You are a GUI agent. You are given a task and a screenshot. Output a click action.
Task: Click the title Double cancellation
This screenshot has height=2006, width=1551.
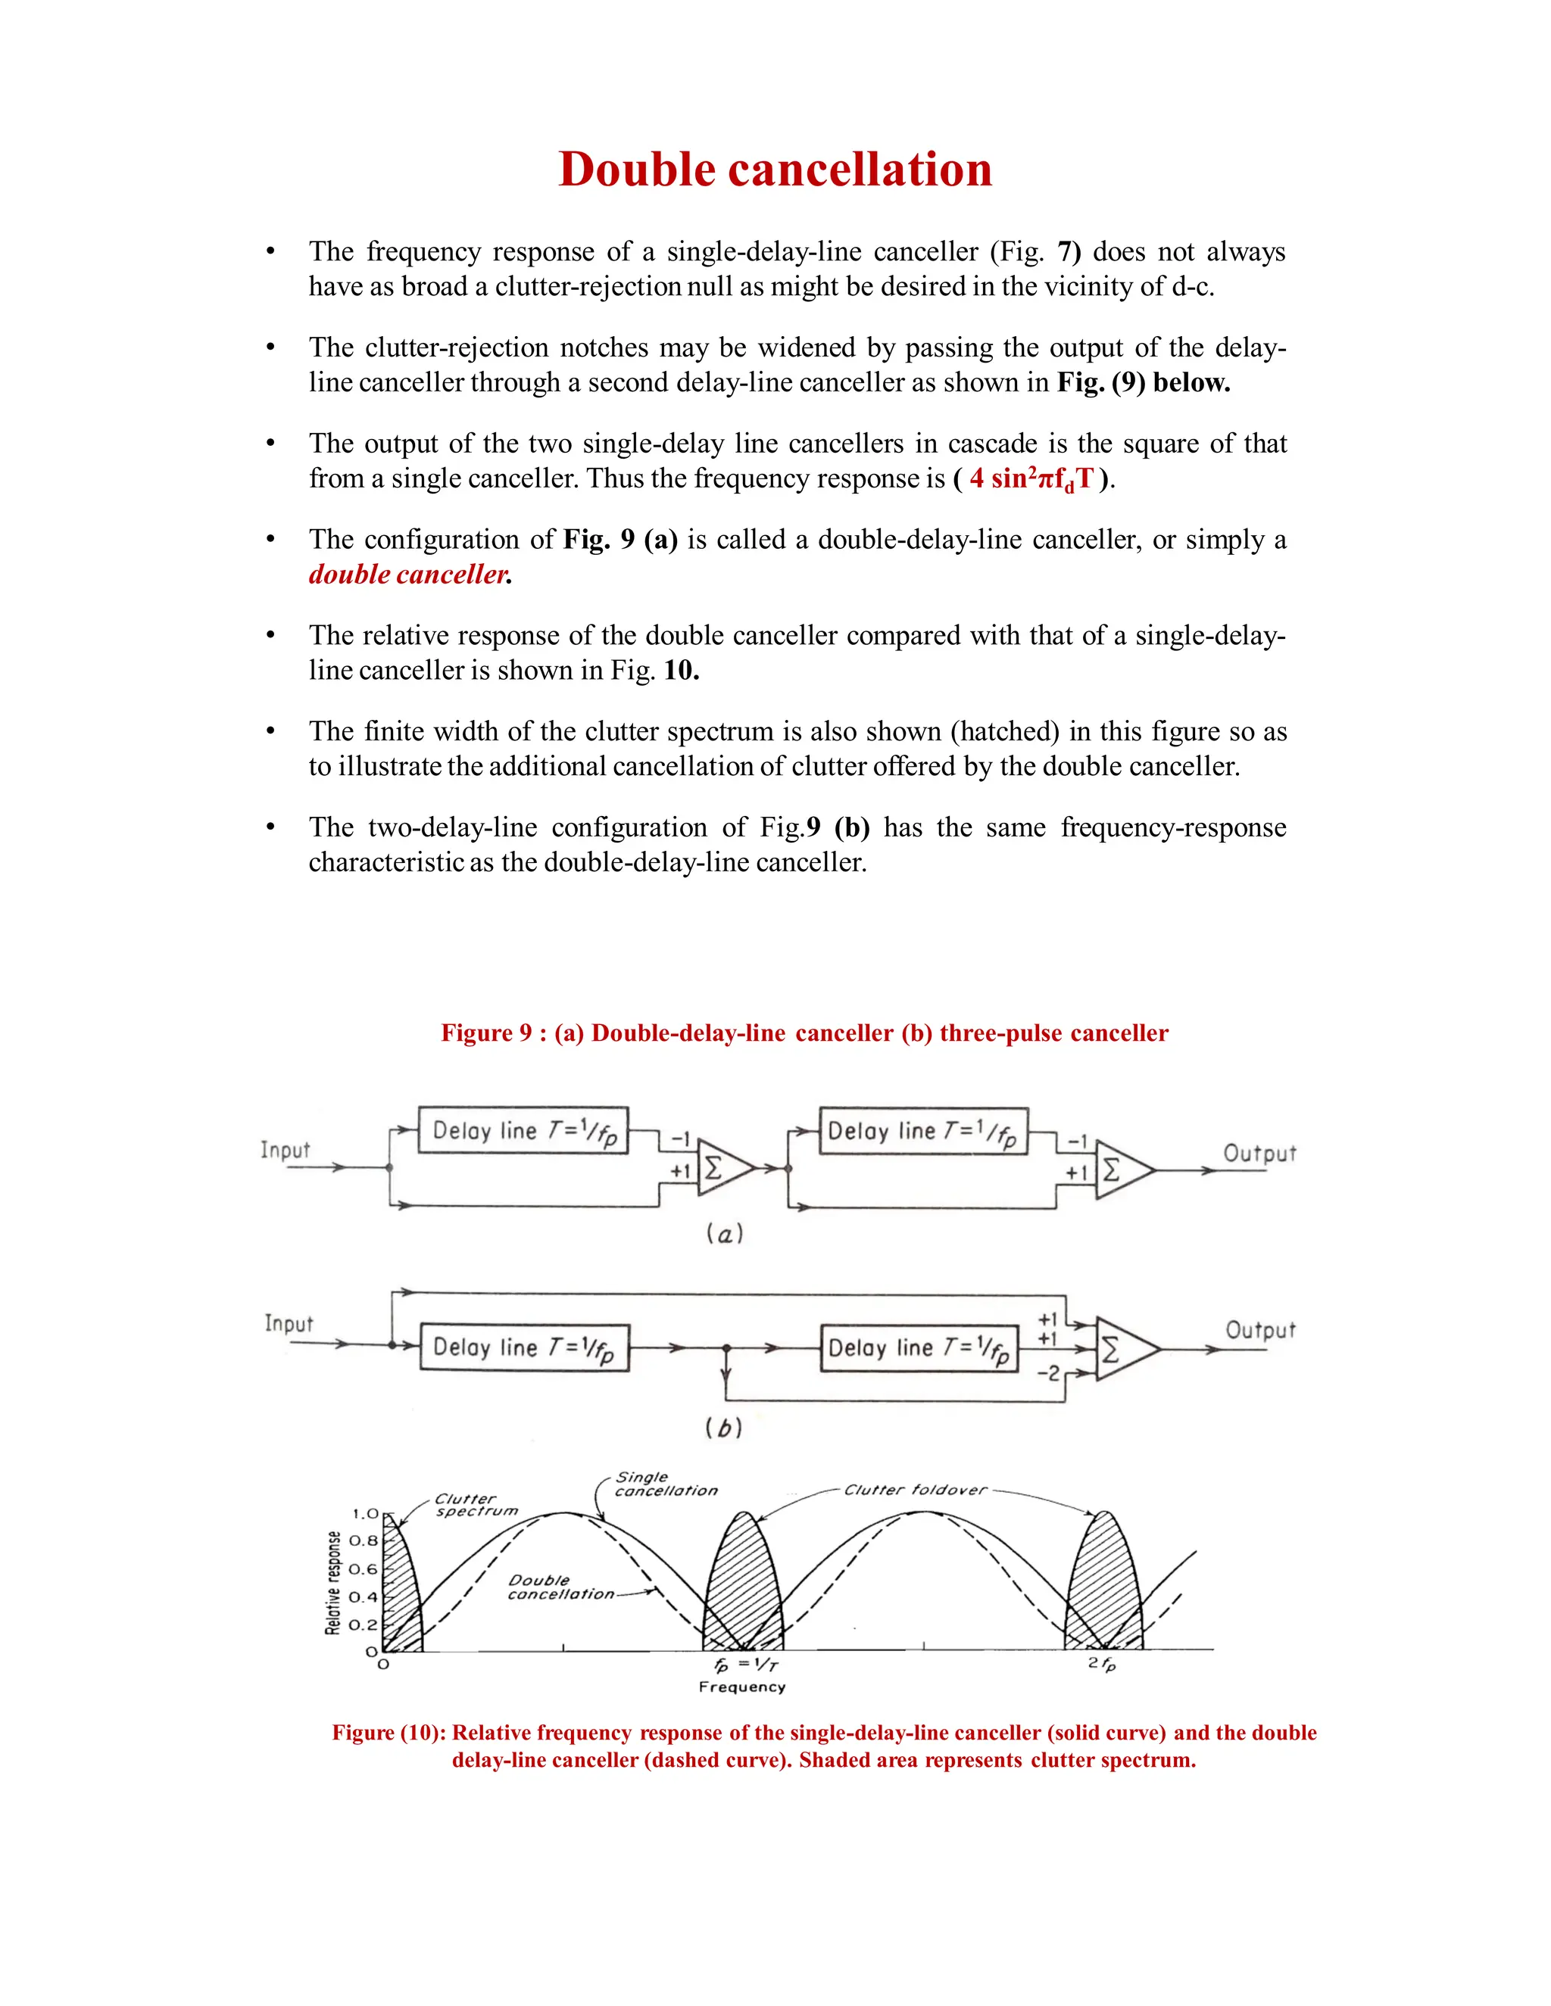(775, 170)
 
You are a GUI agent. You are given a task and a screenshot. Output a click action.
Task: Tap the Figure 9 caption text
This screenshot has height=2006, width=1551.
(804, 1033)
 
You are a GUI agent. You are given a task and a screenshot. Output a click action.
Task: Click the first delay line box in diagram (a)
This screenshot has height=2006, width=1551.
(523, 1131)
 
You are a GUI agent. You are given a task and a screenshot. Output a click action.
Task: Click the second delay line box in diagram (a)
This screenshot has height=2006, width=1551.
(922, 1131)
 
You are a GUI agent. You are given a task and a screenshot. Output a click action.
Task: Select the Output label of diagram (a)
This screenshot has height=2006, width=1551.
(1259, 1154)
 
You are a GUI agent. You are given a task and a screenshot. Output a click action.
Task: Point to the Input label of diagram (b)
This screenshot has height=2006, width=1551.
(289, 1323)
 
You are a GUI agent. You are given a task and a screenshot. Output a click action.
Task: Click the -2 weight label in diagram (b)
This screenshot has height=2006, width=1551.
(1047, 1373)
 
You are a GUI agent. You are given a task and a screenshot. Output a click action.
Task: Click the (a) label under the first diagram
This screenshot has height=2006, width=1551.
(724, 1234)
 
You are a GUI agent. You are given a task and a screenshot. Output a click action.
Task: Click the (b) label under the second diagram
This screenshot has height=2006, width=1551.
(723, 1428)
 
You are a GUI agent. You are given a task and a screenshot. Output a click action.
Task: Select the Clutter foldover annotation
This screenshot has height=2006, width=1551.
(914, 1490)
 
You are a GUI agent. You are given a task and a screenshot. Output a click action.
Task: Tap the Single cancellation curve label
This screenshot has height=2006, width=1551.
(664, 1484)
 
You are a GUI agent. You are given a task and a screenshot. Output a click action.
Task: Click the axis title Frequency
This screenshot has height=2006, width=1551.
(741, 1687)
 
